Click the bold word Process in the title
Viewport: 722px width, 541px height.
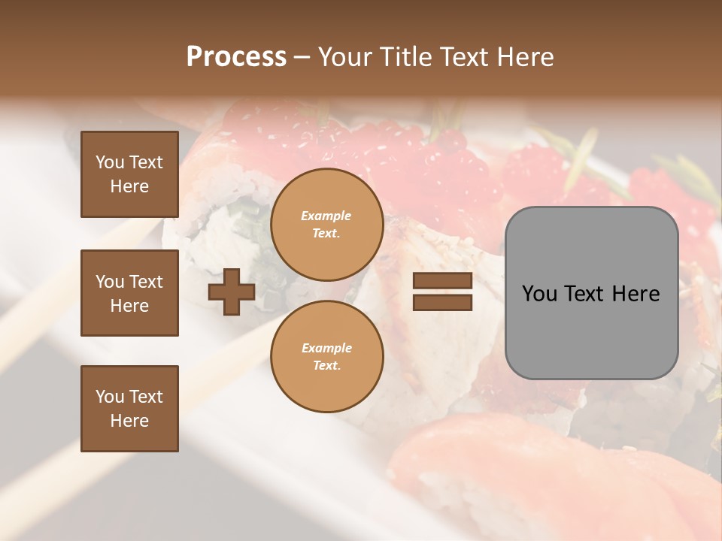click(x=236, y=57)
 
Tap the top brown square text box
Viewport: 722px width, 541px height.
click(x=129, y=174)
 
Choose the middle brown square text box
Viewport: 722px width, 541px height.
click(x=129, y=293)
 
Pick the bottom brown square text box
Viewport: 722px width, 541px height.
click(x=129, y=408)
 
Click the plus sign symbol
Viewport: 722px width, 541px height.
click(x=231, y=293)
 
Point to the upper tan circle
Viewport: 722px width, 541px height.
click(x=326, y=225)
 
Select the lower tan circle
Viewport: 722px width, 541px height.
click(x=326, y=357)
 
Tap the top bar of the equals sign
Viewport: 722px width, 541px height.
click(x=442, y=281)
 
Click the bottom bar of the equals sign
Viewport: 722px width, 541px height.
click(x=442, y=302)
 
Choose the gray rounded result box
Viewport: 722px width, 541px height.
click(x=591, y=293)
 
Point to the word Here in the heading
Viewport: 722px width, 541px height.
click(x=524, y=57)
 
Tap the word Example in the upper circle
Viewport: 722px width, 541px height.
click(x=326, y=216)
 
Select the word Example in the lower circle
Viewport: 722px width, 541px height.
click(x=326, y=348)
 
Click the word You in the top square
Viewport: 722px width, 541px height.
click(x=110, y=162)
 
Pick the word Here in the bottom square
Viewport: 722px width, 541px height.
click(x=129, y=421)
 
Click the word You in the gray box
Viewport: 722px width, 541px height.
click(x=540, y=294)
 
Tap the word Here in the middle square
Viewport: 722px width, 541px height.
click(x=129, y=306)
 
